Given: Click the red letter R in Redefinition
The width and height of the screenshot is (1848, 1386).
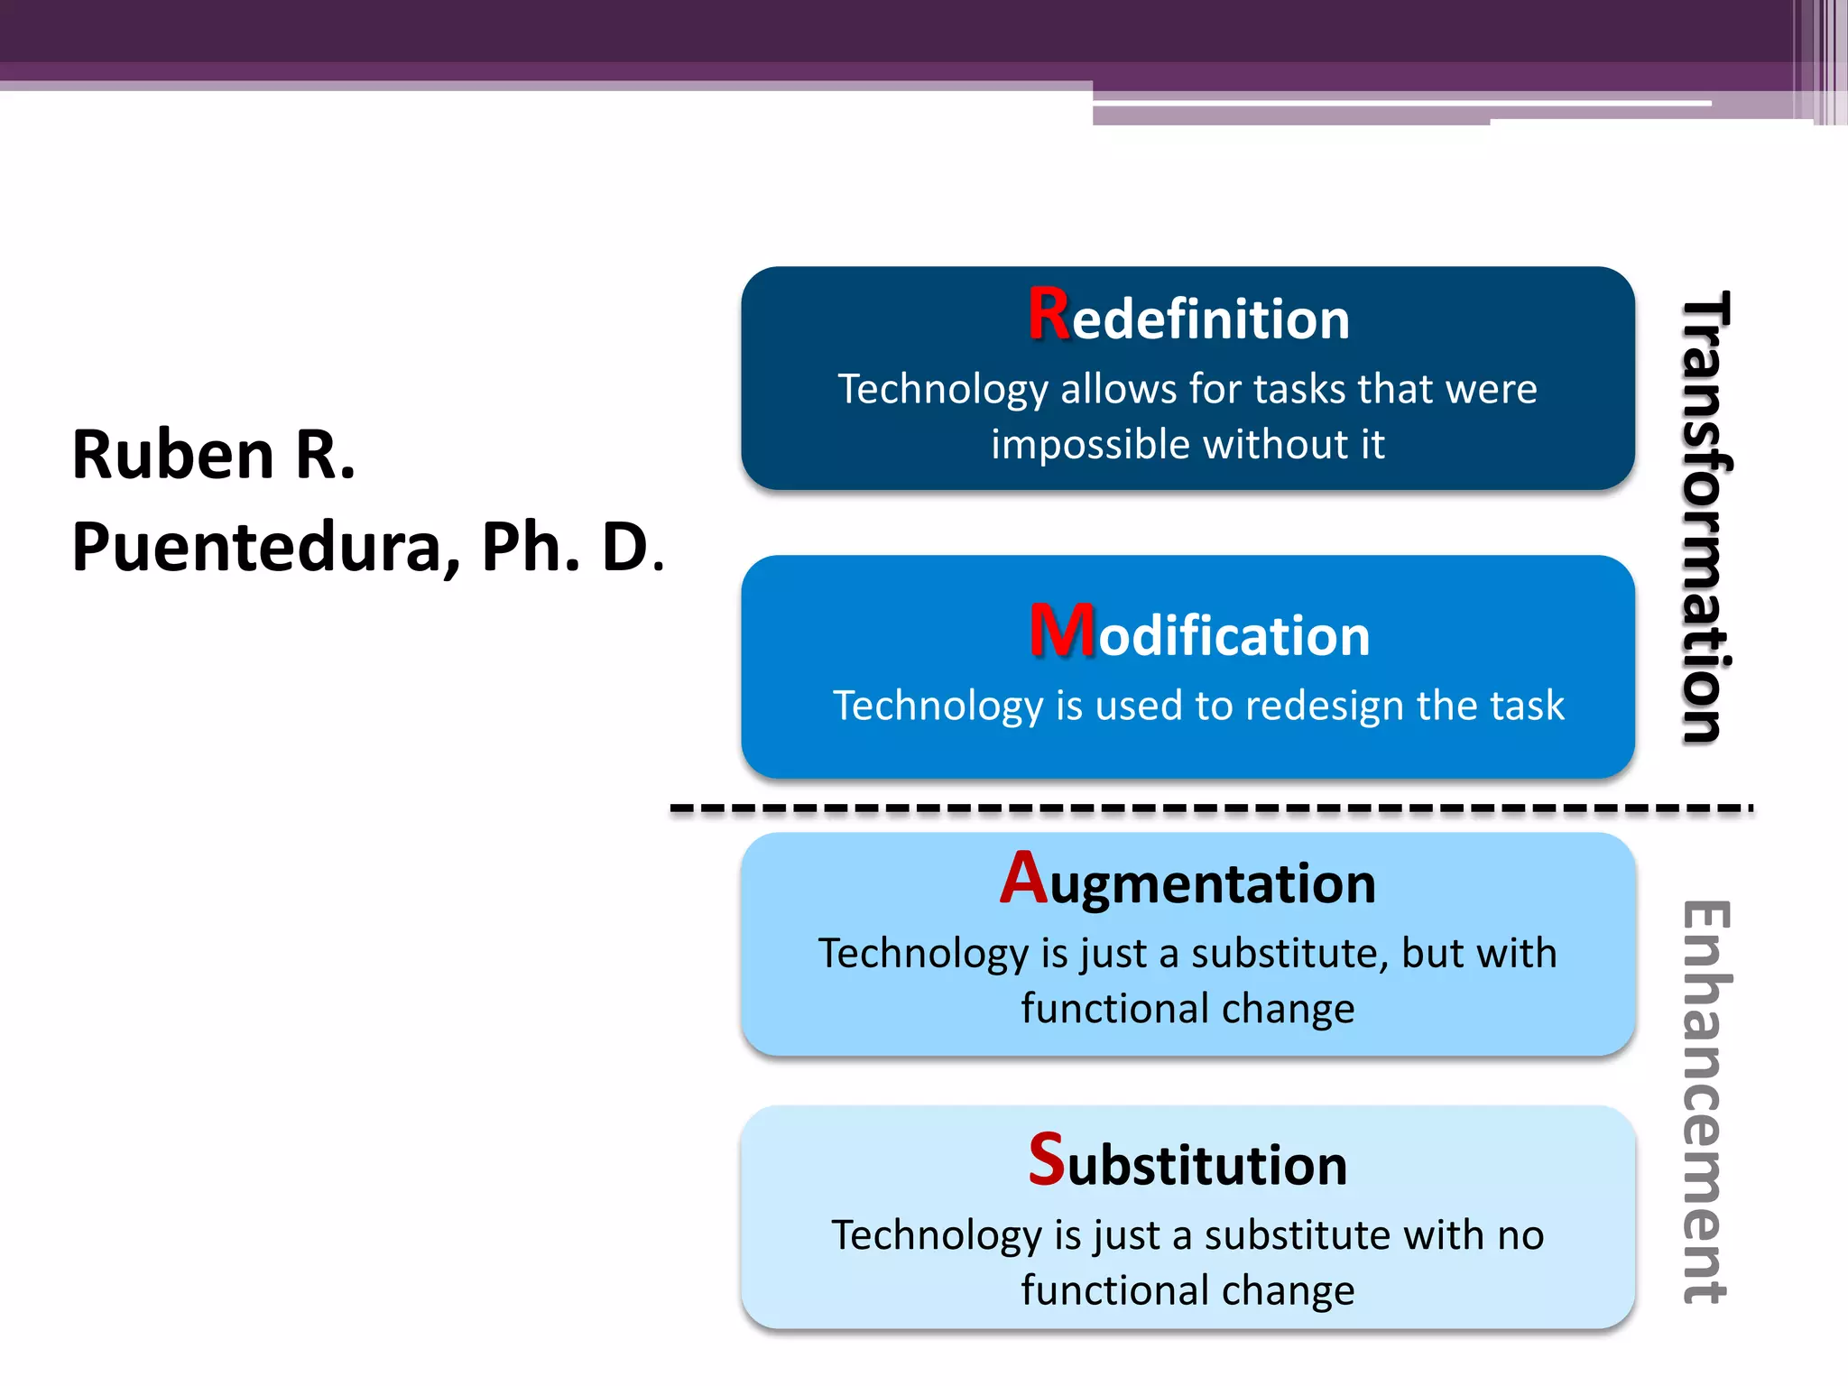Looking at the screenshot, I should [x=1049, y=315].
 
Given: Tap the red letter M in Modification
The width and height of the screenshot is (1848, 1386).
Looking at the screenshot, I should [x=1062, y=631].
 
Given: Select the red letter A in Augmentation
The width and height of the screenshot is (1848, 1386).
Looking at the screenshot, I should [x=1023, y=878].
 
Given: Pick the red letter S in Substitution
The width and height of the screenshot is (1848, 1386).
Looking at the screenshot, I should [x=1047, y=1160].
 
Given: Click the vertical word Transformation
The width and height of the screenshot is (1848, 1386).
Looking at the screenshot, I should [x=1705, y=518].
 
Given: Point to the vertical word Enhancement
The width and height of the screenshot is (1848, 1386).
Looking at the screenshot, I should [x=1705, y=1102].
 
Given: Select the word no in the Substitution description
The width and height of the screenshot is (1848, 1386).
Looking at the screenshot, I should [x=1520, y=1235].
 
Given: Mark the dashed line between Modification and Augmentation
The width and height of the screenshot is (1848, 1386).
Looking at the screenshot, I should [x=1209, y=808].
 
